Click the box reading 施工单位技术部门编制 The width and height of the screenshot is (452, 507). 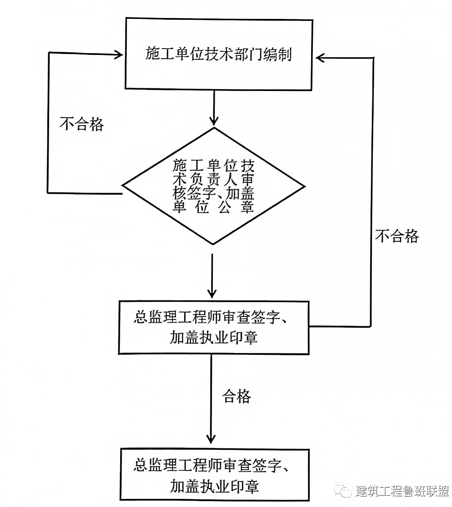coord(219,54)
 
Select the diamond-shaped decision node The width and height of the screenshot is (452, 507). coord(213,186)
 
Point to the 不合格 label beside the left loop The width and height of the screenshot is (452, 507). coord(81,124)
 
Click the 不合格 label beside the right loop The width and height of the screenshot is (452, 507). coord(397,236)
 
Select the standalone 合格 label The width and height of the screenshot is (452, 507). coord(237,396)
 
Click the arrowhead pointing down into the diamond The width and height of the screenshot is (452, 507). coord(213,121)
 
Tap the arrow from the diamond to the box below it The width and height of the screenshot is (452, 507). coord(212,276)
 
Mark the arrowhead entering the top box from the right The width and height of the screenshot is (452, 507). coord(321,58)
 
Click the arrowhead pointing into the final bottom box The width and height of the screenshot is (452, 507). coord(211,439)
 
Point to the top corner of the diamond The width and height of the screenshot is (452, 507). coord(213,127)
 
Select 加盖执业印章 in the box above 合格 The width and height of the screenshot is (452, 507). coord(213,337)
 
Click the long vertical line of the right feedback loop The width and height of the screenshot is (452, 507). coord(372,192)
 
